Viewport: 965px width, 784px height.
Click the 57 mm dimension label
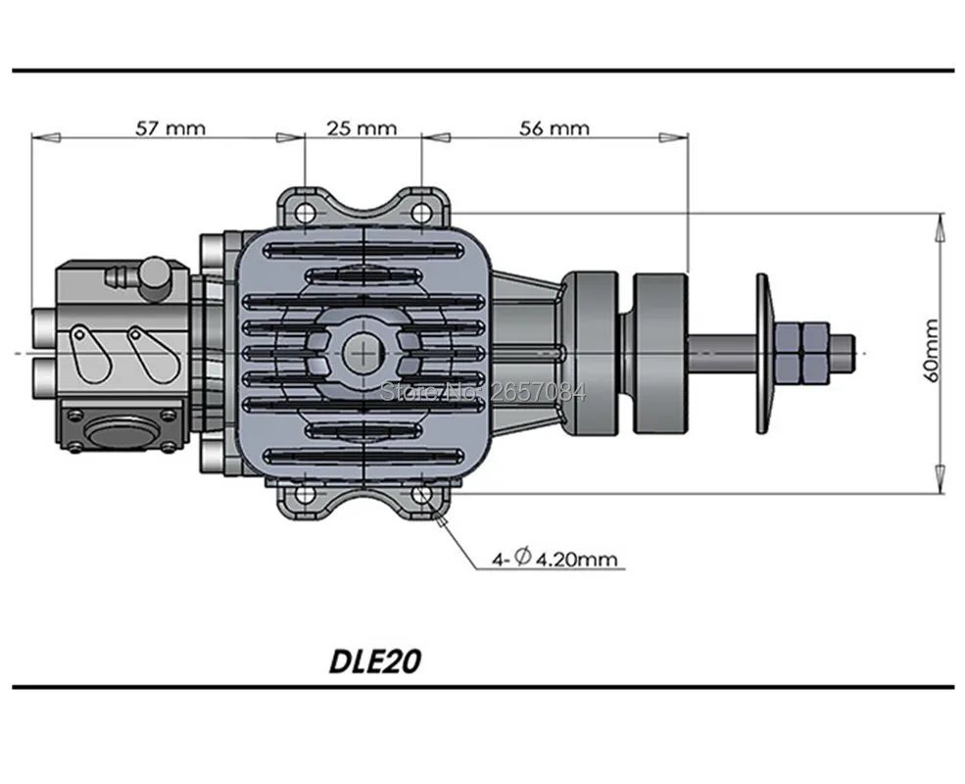click(170, 128)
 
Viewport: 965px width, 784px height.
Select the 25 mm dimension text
click(362, 128)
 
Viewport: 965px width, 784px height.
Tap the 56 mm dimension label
click(555, 128)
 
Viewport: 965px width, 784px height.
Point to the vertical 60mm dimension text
click(932, 351)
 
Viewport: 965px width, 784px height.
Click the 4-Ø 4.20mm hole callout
click(554, 559)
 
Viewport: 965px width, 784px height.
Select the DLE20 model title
click(375, 661)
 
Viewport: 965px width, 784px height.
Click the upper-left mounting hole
click(306, 214)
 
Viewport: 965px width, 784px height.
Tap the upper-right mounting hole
click(421, 214)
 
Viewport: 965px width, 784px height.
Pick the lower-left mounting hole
click(306, 494)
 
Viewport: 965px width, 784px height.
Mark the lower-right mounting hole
click(422, 494)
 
